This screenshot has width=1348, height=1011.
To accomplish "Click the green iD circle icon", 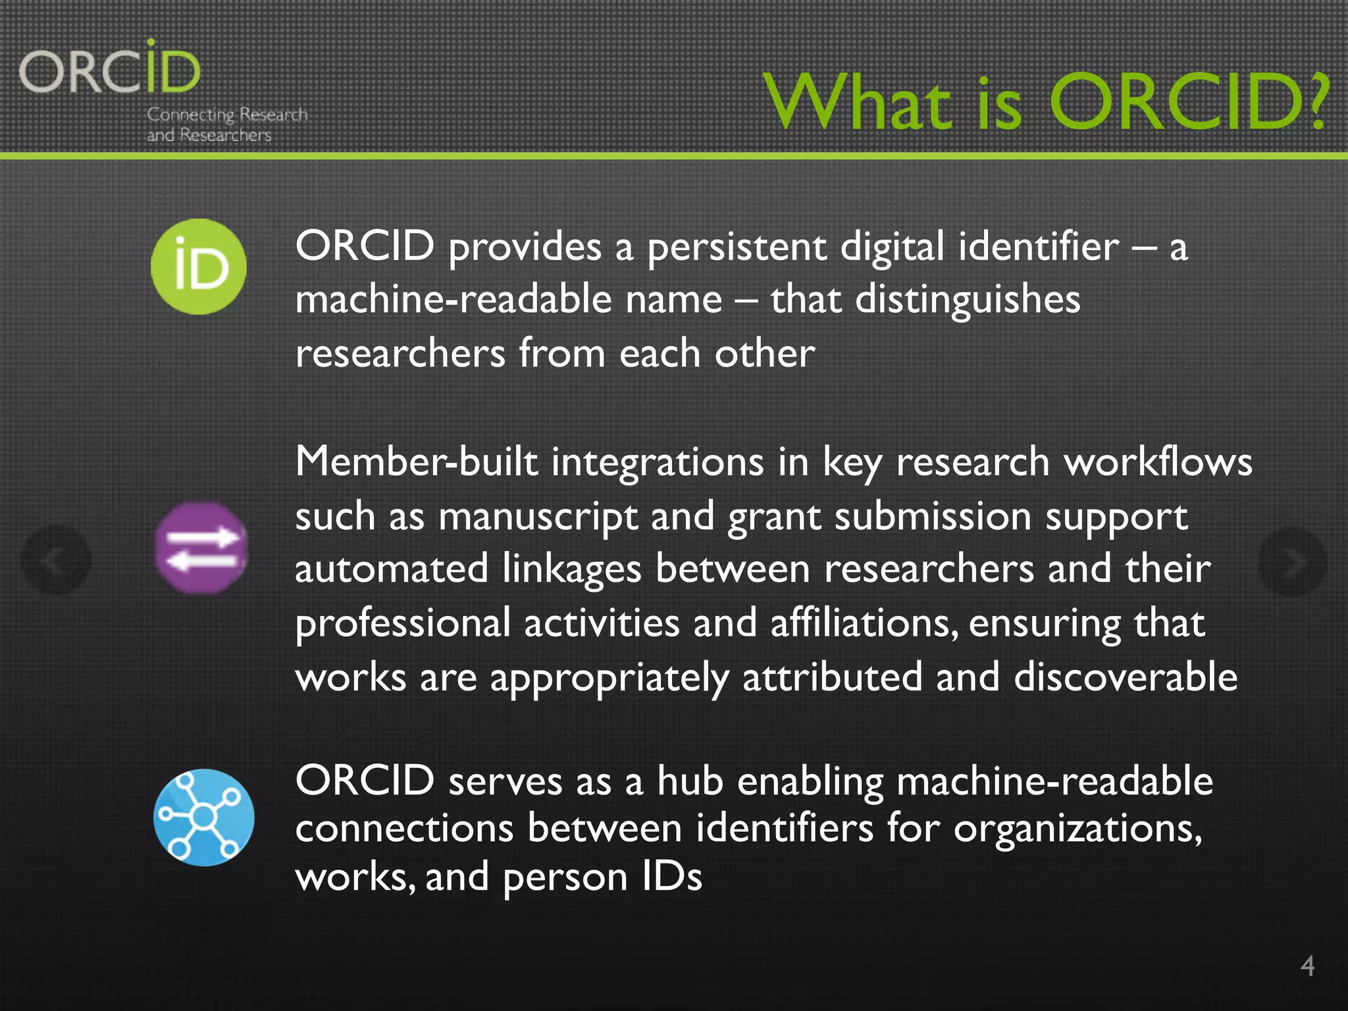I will click(x=199, y=267).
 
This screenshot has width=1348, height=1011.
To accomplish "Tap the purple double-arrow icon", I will click(x=201, y=548).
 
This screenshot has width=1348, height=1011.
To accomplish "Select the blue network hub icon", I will click(x=203, y=817).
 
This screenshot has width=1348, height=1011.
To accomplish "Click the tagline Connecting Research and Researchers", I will click(x=226, y=124).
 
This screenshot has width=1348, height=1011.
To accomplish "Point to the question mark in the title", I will click(x=1317, y=102).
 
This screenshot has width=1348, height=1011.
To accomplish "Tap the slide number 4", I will click(x=1307, y=966).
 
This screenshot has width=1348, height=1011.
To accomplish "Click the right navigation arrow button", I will click(x=1291, y=561).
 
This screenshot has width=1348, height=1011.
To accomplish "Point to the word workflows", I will click(x=1158, y=461).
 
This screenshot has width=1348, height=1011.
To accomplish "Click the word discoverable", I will click(x=1126, y=677).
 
